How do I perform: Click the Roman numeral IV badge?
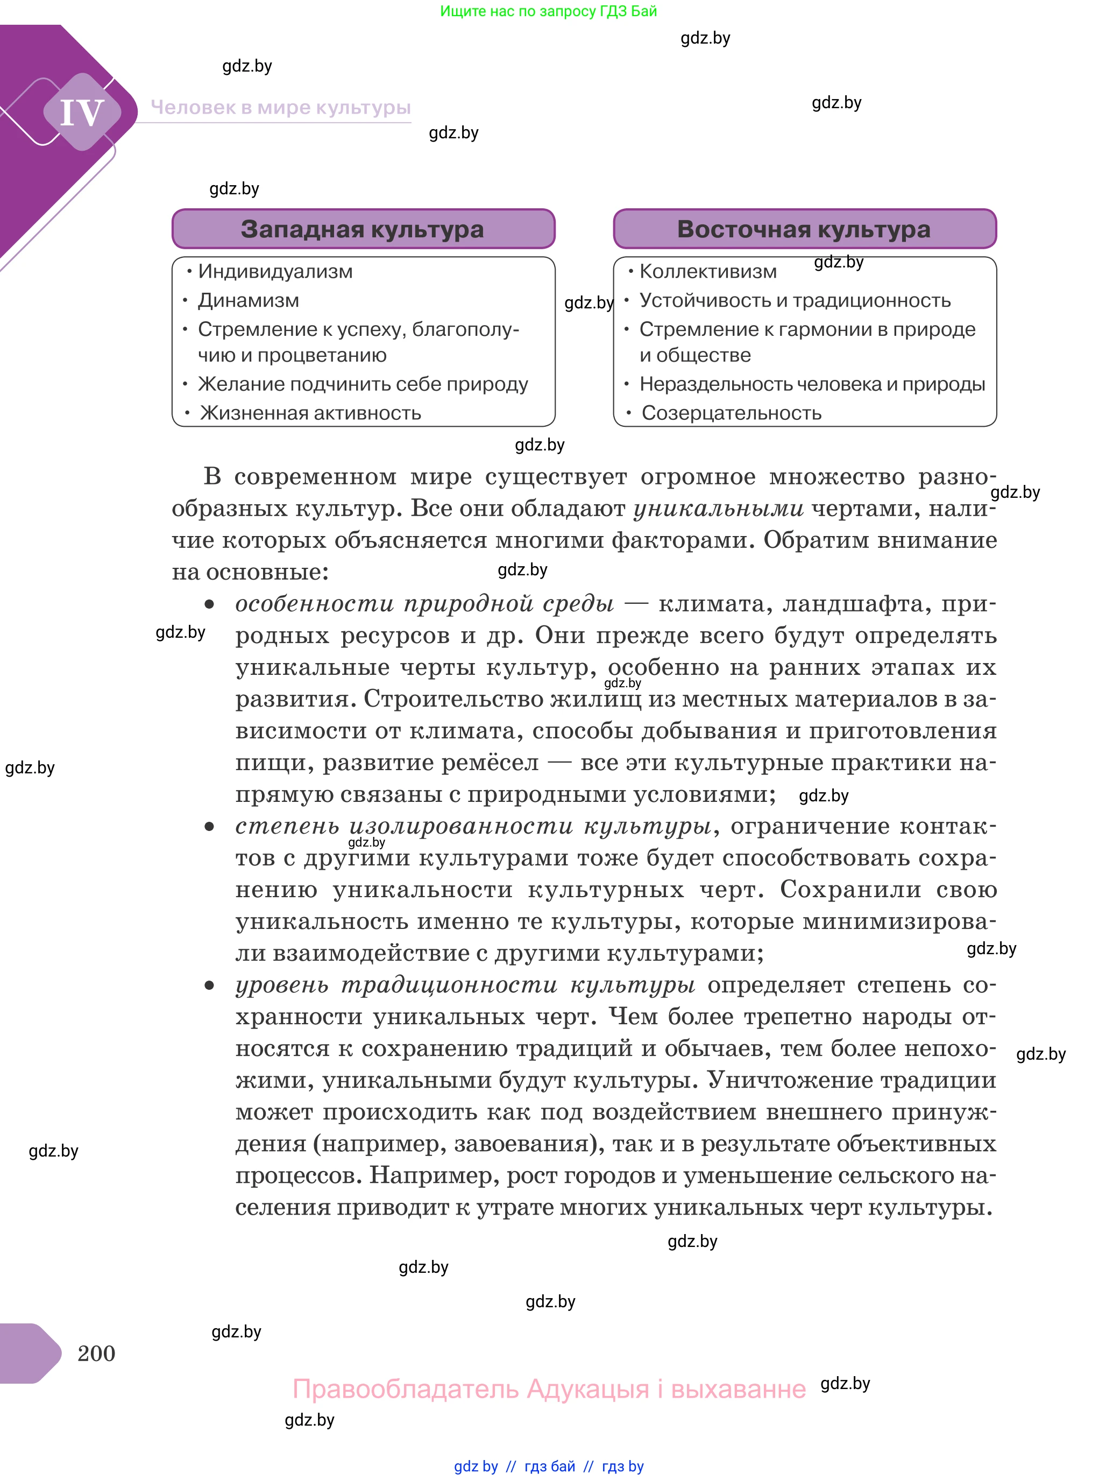pyautogui.click(x=82, y=112)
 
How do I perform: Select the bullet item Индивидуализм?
pyautogui.click(x=275, y=271)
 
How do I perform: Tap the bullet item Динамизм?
pyautogui.click(x=248, y=300)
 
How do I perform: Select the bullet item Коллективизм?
pyautogui.click(x=707, y=271)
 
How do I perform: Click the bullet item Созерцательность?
pyautogui.click(x=731, y=413)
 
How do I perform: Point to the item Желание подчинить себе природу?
pyautogui.click(x=363, y=384)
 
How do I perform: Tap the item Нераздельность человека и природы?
pyautogui.click(x=812, y=384)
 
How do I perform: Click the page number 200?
pyautogui.click(x=96, y=1353)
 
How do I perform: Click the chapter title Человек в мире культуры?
pyautogui.click(x=281, y=107)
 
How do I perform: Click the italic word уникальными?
pyautogui.click(x=719, y=509)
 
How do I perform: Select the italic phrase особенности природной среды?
pyautogui.click(x=424, y=604)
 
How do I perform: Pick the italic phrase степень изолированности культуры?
pyautogui.click(x=473, y=826)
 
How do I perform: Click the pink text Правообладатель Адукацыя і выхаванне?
pyautogui.click(x=549, y=1389)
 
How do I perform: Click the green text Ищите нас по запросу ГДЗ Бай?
pyautogui.click(x=548, y=11)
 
